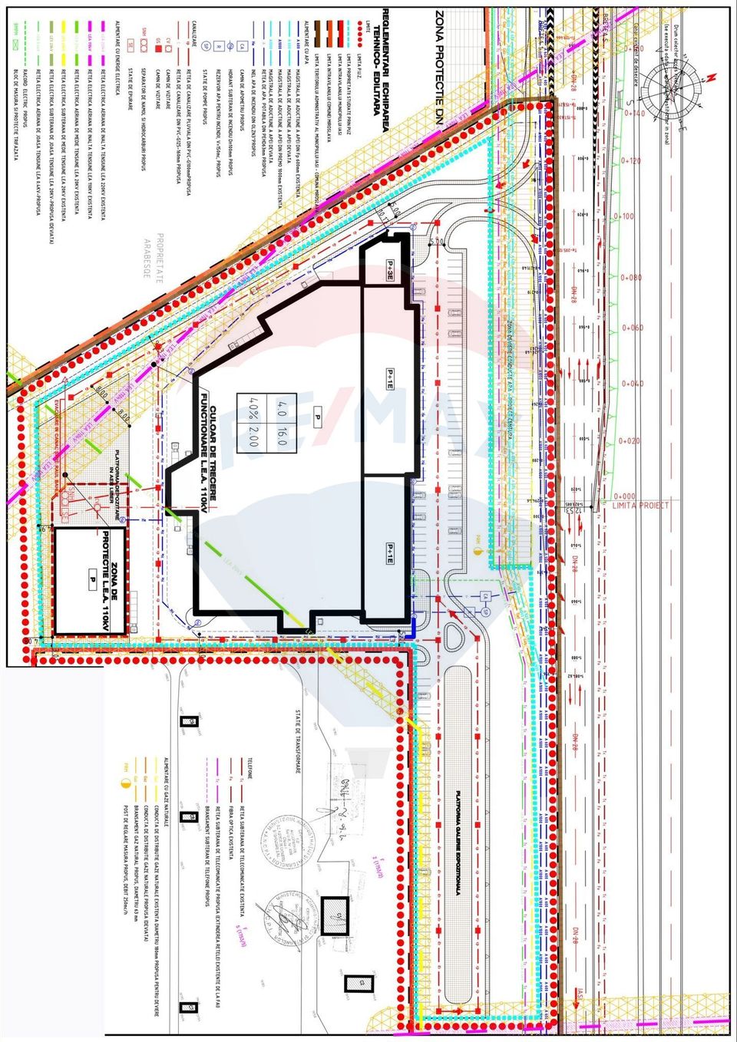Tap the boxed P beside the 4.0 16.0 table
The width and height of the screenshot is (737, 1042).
tap(316, 419)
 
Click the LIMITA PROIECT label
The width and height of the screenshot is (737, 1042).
tap(641, 505)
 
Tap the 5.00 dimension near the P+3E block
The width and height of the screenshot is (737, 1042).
tap(438, 242)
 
